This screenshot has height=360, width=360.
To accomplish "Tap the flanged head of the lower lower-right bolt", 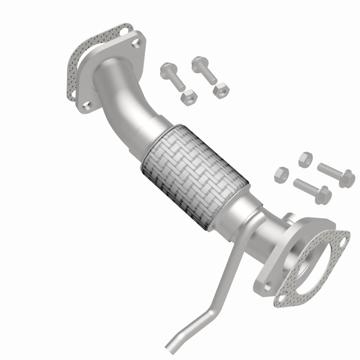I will (x=324, y=195).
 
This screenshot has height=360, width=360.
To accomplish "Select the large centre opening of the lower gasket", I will (x=310, y=268).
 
